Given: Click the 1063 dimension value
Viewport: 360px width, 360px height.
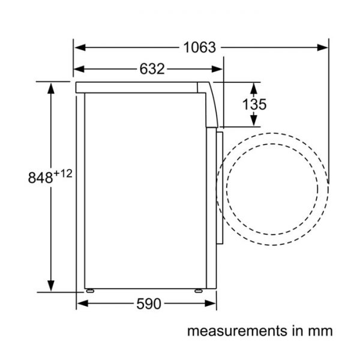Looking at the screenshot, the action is pos(200,47).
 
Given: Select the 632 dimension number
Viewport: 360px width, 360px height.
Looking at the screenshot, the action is pos(152,68).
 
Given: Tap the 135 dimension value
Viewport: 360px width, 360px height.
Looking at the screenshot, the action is pos(254,104).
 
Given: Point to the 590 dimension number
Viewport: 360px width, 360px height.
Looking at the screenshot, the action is pos(149,304).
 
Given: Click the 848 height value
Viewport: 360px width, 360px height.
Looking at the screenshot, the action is pos(40,177).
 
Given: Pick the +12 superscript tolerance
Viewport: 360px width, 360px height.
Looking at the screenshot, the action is pos(63,173).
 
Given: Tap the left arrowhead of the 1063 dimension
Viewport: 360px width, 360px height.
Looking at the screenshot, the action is pos(80,47).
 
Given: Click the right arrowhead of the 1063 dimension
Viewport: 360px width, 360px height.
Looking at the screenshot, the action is pos(322,47).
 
